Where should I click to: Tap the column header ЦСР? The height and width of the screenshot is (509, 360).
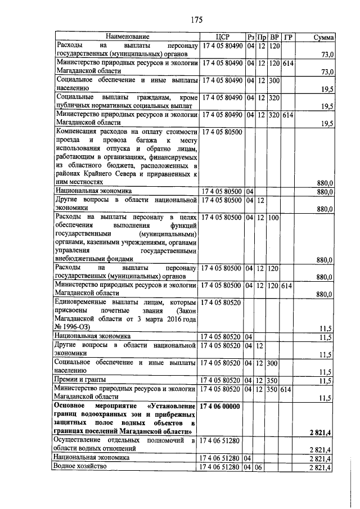tap(221, 37)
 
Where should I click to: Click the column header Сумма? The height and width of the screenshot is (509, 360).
tap(323, 37)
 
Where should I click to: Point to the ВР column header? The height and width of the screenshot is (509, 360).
tap(274, 37)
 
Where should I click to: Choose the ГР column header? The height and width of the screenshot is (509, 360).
tap(288, 37)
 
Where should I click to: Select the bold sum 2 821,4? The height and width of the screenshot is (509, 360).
tap(322, 431)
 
